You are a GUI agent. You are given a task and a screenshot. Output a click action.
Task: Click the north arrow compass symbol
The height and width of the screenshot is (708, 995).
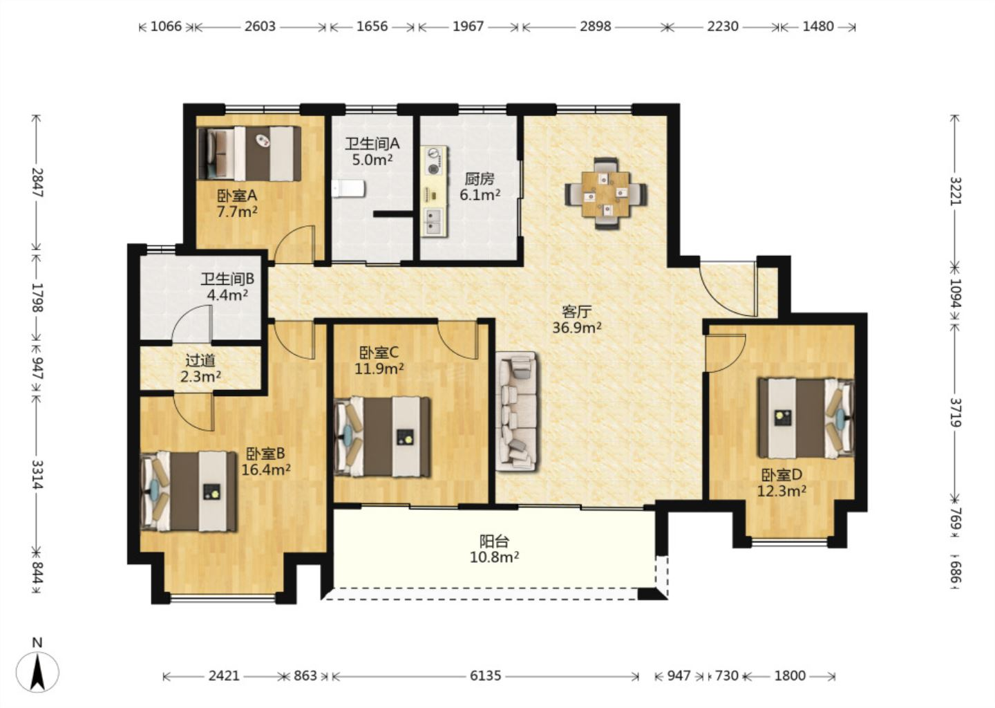click(x=37, y=671)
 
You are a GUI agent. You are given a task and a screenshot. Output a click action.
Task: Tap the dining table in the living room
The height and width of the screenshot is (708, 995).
click(x=606, y=194)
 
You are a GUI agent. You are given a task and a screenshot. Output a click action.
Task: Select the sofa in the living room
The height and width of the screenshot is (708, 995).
click(x=517, y=411)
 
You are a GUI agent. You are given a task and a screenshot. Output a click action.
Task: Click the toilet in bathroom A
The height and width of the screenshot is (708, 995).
click(x=348, y=189)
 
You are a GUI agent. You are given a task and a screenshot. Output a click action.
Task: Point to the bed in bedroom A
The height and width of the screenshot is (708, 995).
click(x=249, y=153)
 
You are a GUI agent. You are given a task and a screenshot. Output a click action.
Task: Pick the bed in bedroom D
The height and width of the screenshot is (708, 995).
click(x=806, y=418)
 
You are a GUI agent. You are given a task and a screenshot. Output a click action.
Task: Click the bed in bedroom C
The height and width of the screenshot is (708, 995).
click(x=382, y=437)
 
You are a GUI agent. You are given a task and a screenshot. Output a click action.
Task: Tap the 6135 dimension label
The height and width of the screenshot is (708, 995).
click(x=485, y=676)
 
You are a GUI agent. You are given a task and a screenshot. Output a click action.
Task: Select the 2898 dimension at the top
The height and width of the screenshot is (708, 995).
click(x=595, y=27)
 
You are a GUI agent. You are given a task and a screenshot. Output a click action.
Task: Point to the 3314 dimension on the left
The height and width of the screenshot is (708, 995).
click(x=38, y=474)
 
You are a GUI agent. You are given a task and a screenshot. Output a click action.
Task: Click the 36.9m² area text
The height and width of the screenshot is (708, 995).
click(x=576, y=328)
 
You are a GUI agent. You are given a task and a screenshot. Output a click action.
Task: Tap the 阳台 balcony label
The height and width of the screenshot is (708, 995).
click(x=494, y=541)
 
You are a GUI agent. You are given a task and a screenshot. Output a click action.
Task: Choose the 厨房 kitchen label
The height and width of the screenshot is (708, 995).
click(x=480, y=179)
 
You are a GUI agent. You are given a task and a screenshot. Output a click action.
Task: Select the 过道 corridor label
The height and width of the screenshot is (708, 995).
click(x=200, y=360)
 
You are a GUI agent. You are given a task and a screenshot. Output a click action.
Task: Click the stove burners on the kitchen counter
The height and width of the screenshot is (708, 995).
click(x=433, y=161)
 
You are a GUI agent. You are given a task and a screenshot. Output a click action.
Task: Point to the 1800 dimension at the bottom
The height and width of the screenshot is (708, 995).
click(x=789, y=676)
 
